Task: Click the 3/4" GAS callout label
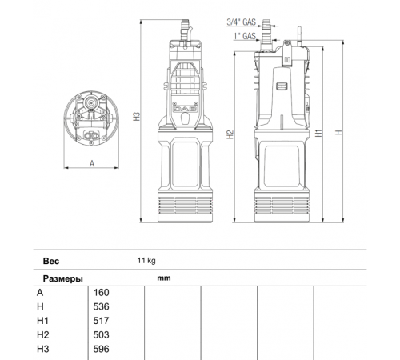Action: click(242, 22)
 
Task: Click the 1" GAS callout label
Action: click(245, 36)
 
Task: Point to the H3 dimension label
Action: click(137, 117)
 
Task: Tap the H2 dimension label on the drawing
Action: click(230, 134)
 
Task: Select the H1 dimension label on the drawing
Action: click(318, 133)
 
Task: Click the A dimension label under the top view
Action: click(92, 163)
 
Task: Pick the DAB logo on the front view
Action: click(185, 109)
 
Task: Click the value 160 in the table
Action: click(101, 293)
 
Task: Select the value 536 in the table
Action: click(101, 306)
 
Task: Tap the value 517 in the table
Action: click(101, 321)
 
